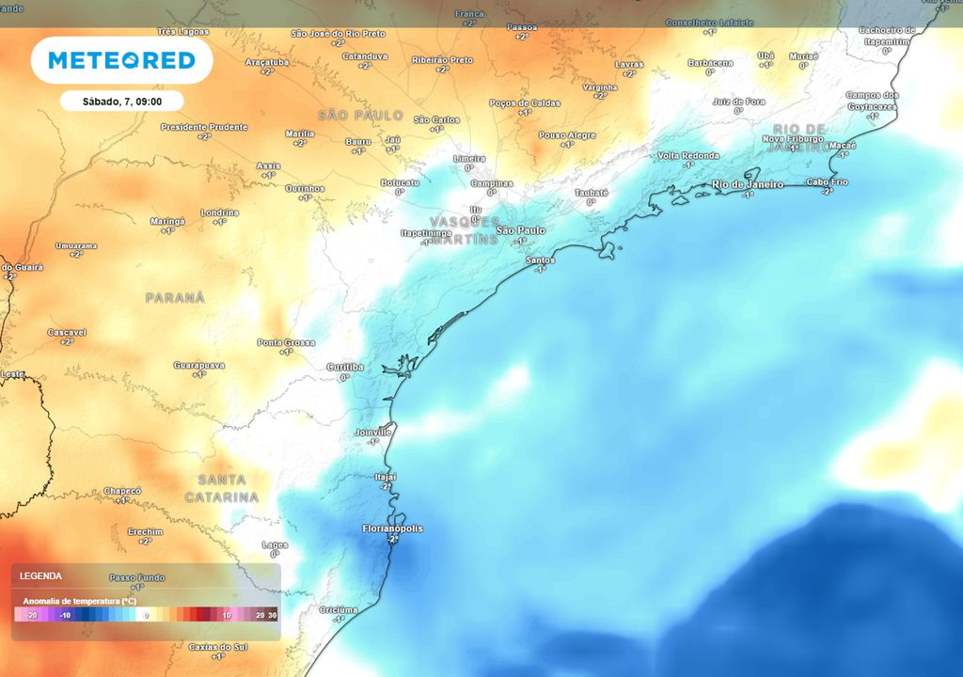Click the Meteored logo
121,61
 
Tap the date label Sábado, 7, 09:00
121,101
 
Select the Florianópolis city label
392,528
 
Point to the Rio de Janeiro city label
748,184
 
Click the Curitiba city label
344,366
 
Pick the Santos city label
540,260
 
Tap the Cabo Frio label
828,181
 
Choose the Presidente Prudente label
204,127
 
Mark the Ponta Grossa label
286,342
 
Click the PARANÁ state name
175,297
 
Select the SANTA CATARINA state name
221,488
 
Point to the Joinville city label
373,432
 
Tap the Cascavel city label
67,332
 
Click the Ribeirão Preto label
442,59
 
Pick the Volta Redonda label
688,155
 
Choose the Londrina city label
219,213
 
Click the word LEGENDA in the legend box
41,575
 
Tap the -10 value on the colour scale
65,615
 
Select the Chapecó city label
121,491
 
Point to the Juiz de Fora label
738,102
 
